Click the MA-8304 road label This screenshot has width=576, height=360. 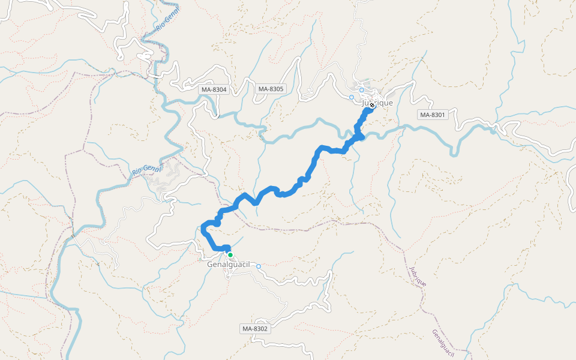click(x=214, y=89)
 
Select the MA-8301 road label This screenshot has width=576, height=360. click(x=433, y=115)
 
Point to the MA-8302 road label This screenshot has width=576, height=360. click(x=256, y=329)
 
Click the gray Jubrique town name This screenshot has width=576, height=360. click(x=378, y=103)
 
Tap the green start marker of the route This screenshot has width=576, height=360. click(x=230, y=255)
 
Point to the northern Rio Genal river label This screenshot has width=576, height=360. click(x=164, y=29)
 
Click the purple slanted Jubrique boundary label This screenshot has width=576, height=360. click(x=418, y=275)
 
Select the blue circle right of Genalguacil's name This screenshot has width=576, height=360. click(x=259, y=266)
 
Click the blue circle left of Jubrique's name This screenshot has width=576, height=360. click(x=352, y=97)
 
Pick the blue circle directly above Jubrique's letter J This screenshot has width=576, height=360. click(x=362, y=91)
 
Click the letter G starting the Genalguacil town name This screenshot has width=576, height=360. click(x=210, y=265)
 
